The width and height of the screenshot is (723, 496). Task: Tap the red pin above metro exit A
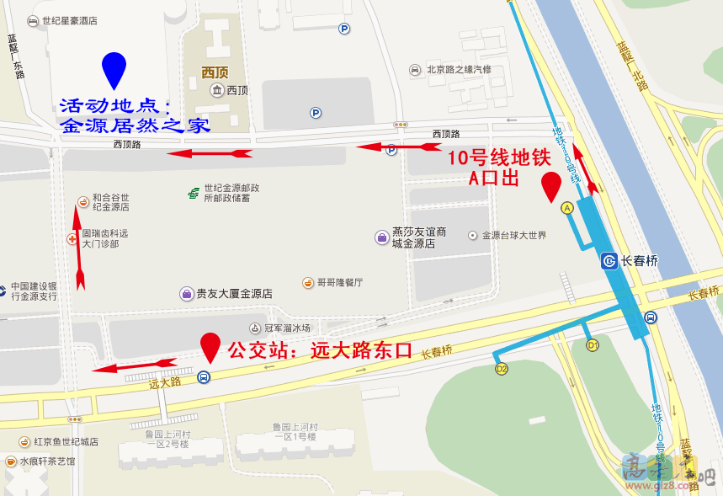pos(551,185)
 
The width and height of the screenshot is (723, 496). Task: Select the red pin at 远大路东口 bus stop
pos(210,347)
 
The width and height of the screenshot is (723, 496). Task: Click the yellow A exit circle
pos(566,207)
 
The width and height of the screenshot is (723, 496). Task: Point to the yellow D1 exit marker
pos(593,344)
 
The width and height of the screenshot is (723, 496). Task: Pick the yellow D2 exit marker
pos(502,369)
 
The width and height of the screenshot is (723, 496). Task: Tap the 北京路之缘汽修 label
pos(458,70)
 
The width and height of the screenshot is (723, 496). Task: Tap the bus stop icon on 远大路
pos(204,377)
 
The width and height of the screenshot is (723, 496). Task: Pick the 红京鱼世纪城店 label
pos(65,441)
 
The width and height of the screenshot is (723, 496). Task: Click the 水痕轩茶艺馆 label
pos(46,461)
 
